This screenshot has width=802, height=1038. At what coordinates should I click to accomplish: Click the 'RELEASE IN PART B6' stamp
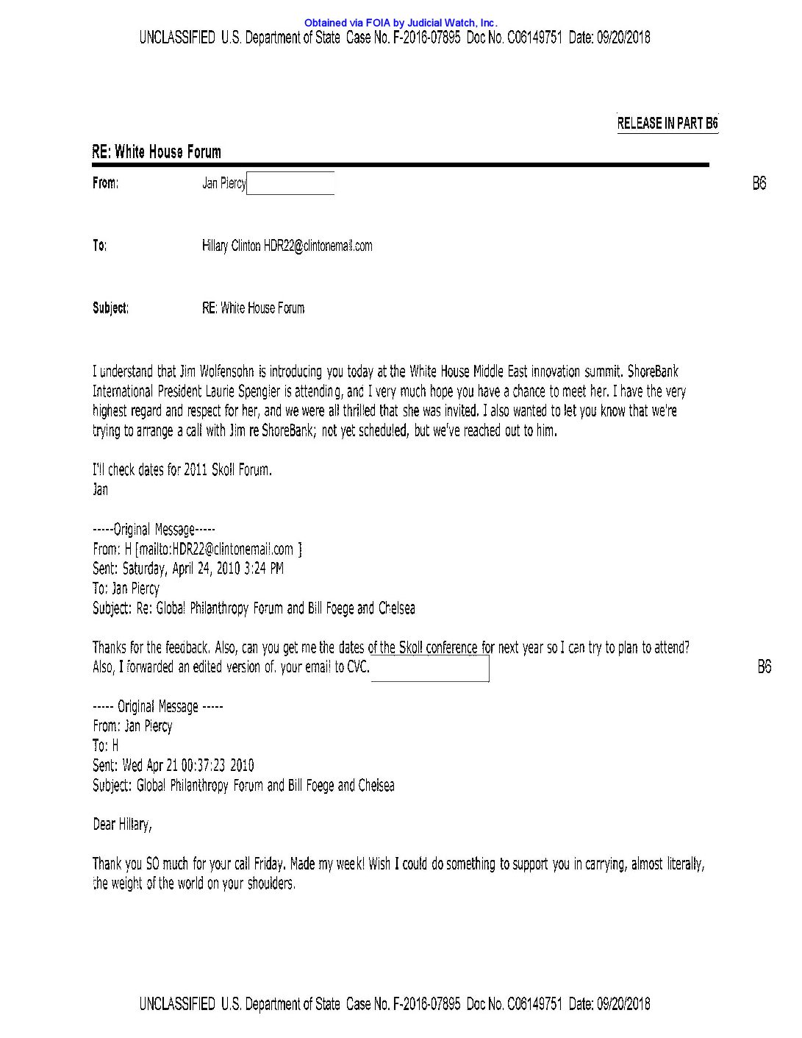click(x=667, y=124)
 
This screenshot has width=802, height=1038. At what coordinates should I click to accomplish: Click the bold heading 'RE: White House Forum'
click(x=156, y=152)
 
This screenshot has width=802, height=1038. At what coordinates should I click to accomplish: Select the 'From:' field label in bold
click(x=105, y=183)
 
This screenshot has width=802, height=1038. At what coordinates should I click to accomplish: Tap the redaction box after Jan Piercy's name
click(x=290, y=183)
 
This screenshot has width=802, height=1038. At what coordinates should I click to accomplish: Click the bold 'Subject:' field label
click(x=110, y=308)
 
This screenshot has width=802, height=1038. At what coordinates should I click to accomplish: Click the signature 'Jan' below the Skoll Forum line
click(x=100, y=490)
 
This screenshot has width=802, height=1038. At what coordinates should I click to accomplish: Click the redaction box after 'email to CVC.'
click(x=430, y=668)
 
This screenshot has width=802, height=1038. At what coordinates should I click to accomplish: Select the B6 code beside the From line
click(x=759, y=184)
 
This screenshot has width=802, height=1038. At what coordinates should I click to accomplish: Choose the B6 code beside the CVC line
click(x=764, y=667)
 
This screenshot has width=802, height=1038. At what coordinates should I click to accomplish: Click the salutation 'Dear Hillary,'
click(x=122, y=825)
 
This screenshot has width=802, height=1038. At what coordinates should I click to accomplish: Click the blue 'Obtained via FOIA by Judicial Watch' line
click(x=401, y=24)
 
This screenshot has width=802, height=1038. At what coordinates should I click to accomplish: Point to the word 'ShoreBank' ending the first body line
click(x=653, y=372)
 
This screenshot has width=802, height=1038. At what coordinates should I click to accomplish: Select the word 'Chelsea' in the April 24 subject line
click(x=396, y=608)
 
